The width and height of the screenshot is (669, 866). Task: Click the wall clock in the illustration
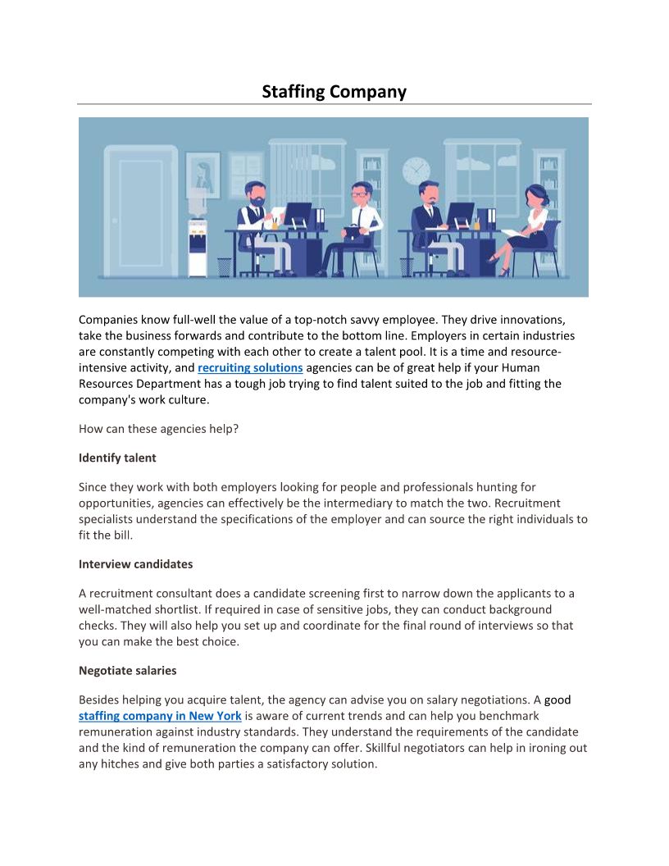416,170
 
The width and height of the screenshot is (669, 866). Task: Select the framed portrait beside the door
203,175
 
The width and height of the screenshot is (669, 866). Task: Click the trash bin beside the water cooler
224,267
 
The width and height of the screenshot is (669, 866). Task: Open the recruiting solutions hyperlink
250,367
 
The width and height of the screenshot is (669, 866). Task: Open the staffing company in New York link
160,716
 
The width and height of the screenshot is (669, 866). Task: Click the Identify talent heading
117,458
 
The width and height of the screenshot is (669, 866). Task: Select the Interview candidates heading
135,564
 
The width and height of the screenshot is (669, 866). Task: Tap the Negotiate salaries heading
127,671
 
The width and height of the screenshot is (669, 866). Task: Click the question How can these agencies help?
158,428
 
